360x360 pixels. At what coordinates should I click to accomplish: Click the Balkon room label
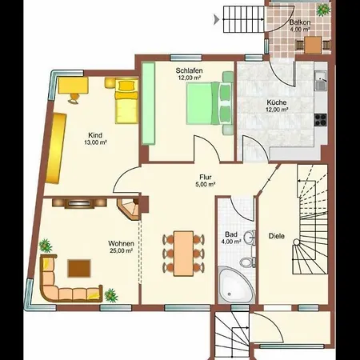coord(300,22)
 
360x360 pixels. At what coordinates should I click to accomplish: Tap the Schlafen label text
coord(189,70)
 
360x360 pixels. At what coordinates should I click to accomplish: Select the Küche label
coord(277,102)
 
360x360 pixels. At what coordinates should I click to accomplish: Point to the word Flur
coord(206,177)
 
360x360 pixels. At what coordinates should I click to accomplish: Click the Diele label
coord(277,236)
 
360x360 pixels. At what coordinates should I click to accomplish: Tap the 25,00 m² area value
coord(121,250)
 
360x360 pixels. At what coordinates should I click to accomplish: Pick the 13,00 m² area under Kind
coord(95,142)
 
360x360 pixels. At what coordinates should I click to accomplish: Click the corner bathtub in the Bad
coord(236,285)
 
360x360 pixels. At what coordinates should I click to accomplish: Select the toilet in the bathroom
coord(248,262)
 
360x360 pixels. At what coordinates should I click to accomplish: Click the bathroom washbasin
coord(250,237)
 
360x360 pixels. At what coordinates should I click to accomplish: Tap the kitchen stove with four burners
coord(320,120)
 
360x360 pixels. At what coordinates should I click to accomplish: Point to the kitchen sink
coord(321,81)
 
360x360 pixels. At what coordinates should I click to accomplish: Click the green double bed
coord(210,103)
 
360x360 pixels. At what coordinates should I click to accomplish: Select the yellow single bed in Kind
coord(127,101)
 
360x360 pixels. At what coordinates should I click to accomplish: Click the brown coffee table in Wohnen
coord(79,269)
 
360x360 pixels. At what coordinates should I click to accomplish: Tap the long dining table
coord(183,254)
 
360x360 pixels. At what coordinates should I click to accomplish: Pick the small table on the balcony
coord(313,45)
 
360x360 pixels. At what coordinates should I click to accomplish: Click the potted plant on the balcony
coord(323,10)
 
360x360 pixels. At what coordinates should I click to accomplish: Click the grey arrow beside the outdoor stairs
coord(216,19)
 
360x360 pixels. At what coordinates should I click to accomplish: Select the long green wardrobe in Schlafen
coord(148,104)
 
